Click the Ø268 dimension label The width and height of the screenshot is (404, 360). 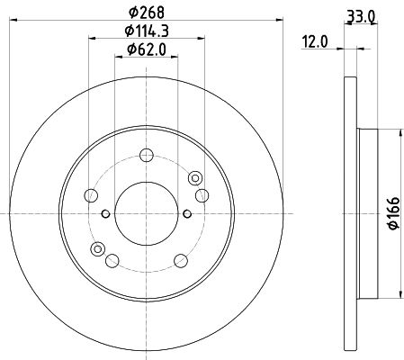147,13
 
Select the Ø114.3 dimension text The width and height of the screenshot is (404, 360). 147,31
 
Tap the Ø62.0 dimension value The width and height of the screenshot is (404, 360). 147,49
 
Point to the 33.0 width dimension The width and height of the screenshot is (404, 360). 361,17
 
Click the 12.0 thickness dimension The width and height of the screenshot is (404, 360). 315,41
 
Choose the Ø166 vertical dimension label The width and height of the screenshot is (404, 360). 394,213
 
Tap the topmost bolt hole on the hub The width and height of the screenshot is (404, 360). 147,156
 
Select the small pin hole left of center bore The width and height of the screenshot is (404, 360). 105,214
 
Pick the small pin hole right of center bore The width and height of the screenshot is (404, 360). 187,214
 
